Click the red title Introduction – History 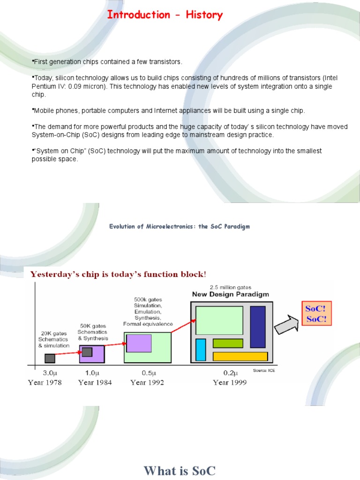(165, 15)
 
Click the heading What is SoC (180, 470)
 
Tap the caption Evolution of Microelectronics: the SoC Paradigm (180, 226)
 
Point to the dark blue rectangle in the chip (258, 327)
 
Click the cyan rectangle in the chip (201, 349)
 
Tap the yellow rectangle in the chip (240, 356)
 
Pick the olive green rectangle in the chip (228, 343)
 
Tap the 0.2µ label (230, 373)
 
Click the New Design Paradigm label (231, 294)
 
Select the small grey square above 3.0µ (50, 358)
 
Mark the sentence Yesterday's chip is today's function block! (118, 274)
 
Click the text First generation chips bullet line (107, 62)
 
